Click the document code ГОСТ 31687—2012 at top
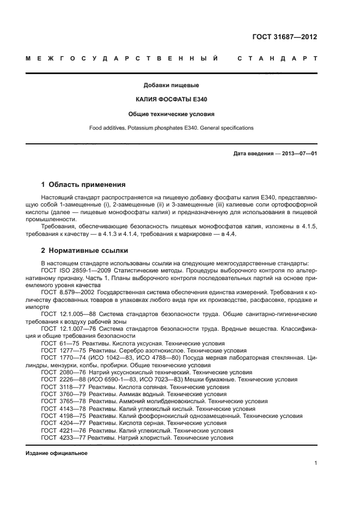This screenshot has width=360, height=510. click(285, 37)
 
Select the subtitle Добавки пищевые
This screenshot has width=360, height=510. click(171, 85)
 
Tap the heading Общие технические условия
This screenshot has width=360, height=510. click(171, 114)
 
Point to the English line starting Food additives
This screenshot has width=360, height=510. click(171, 128)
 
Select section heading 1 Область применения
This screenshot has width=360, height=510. click(83, 185)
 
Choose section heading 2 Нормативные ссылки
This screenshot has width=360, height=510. click(85, 251)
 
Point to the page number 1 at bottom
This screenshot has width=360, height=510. click(315, 463)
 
